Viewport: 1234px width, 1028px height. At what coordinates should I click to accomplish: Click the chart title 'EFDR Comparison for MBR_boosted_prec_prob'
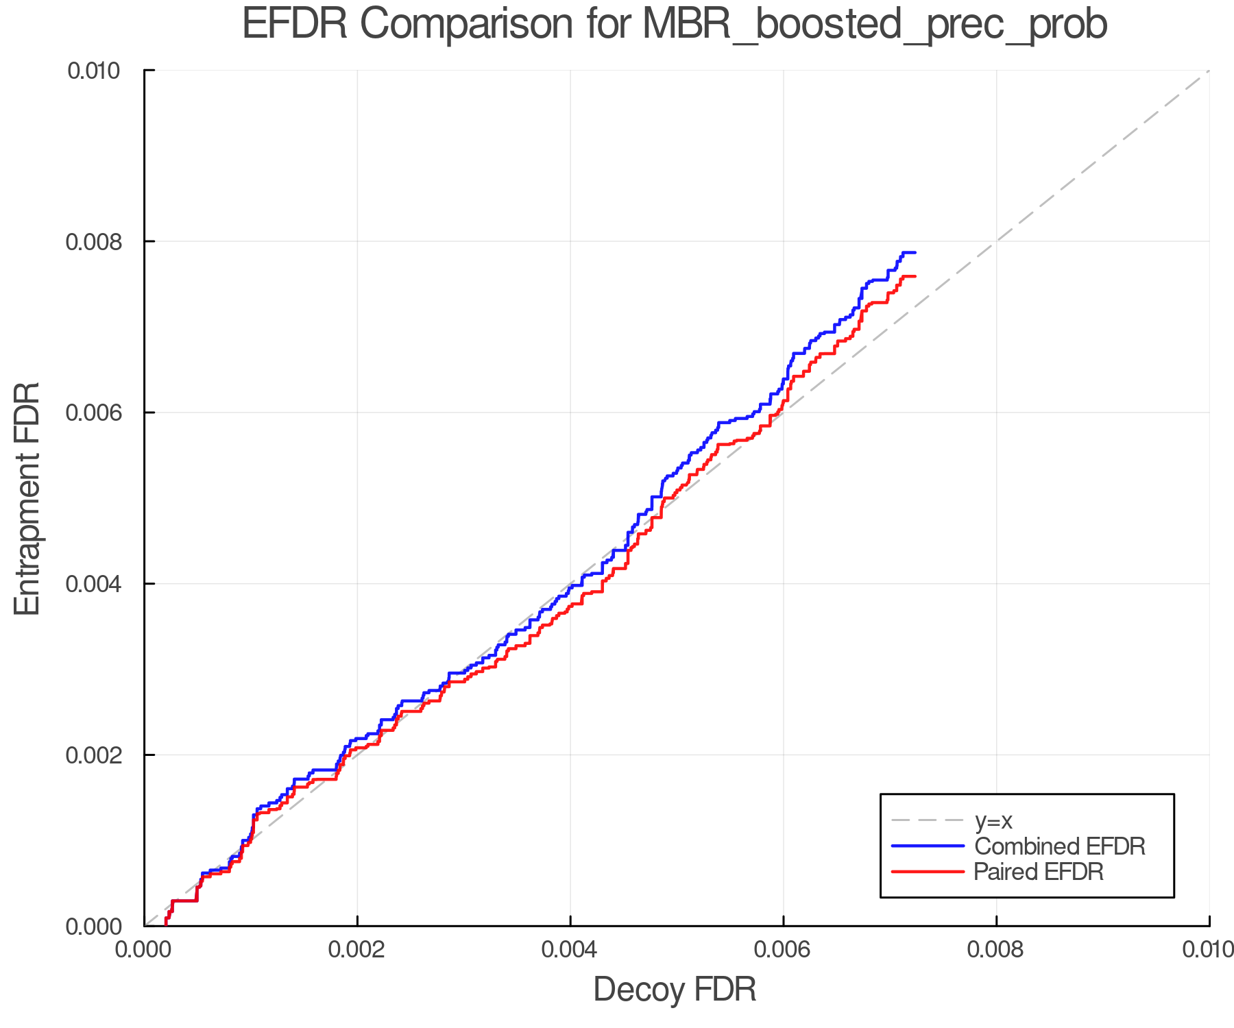point(675,25)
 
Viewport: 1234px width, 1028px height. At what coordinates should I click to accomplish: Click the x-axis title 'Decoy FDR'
point(675,990)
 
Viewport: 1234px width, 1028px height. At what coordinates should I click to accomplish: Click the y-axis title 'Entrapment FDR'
point(27,498)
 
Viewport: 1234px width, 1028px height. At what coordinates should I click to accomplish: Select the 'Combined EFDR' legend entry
point(1059,846)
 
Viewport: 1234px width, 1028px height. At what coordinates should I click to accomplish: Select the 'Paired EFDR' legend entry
point(1039,872)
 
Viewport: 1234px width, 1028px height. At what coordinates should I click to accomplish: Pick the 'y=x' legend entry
point(993,820)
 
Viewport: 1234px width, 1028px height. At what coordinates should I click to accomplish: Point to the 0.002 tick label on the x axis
point(357,950)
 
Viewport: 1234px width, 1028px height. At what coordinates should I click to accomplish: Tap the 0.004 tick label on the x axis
point(570,950)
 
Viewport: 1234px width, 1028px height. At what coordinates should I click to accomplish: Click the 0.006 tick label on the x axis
point(783,950)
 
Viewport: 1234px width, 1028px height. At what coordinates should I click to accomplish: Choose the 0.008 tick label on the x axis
point(996,950)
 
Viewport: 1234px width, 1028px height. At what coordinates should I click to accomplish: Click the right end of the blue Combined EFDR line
point(915,253)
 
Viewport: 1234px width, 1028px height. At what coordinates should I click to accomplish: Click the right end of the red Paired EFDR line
point(915,276)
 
